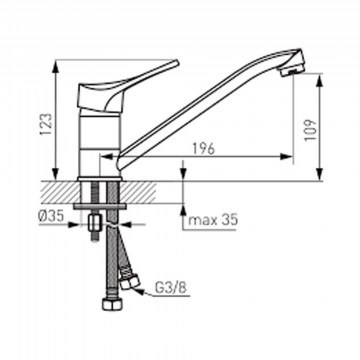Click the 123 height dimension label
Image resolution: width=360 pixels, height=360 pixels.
tap(46, 125)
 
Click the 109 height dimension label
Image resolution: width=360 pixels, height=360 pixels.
tap(310, 130)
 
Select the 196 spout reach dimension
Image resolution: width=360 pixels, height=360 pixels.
tap(203, 150)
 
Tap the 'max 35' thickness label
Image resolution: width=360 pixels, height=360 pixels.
tap(213, 220)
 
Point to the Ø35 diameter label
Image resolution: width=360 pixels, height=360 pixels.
tap(51, 217)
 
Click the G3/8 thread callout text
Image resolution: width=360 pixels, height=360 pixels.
tap(170, 287)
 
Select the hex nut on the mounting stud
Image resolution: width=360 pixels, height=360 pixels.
tap(95, 224)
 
